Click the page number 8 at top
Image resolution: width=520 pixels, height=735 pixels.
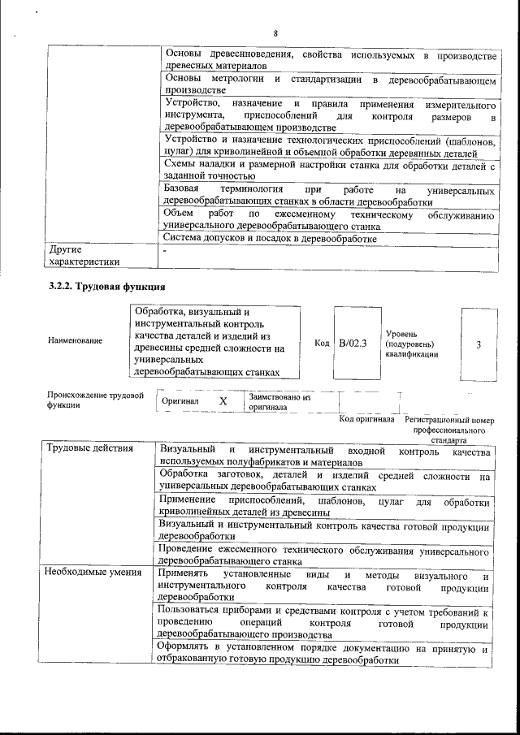point(275,33)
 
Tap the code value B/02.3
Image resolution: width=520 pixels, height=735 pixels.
point(353,344)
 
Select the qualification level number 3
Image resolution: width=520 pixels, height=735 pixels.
point(479,344)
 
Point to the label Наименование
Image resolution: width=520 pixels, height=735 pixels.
point(76,340)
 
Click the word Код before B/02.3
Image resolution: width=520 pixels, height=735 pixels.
point(322,344)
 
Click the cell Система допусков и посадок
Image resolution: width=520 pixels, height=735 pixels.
point(270,239)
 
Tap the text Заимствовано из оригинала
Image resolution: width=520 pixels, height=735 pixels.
point(279,402)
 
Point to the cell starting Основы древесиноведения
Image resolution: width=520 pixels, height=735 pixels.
point(330,59)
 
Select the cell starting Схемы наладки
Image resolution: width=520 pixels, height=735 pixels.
point(330,170)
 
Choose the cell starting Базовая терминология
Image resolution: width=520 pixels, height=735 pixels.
point(330,196)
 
